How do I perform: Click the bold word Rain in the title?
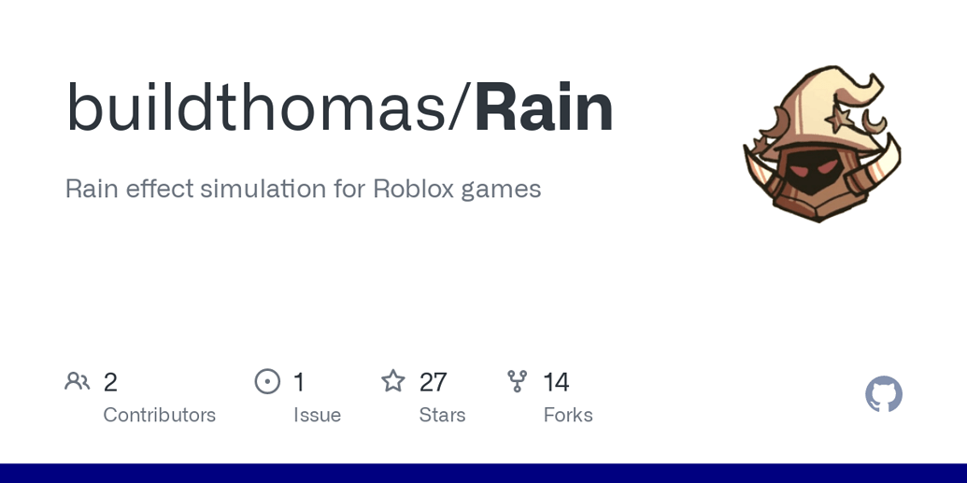click(x=544, y=108)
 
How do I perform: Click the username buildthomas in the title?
click(x=255, y=108)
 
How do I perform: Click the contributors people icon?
click(x=78, y=381)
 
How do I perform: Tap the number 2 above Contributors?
click(x=110, y=382)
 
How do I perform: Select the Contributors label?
click(x=159, y=415)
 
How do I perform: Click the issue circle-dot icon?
click(x=267, y=381)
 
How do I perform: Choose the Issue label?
click(x=317, y=415)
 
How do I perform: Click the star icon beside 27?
click(x=393, y=381)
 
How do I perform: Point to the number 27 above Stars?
click(x=433, y=382)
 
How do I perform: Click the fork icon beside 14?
click(x=517, y=381)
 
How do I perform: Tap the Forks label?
click(x=568, y=415)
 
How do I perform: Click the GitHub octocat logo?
click(x=884, y=394)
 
